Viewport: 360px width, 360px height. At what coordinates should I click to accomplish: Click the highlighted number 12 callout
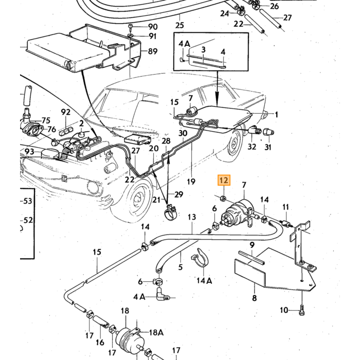[224, 181]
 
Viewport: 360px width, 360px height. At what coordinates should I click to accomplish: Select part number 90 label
[153, 27]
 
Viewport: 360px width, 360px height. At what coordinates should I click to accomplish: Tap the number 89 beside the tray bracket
[153, 51]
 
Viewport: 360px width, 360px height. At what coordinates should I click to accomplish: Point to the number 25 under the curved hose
[179, 25]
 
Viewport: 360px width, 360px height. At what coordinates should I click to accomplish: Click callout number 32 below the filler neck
[251, 147]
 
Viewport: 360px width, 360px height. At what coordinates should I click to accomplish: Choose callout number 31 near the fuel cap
[268, 147]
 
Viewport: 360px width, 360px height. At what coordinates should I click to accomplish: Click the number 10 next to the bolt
[284, 310]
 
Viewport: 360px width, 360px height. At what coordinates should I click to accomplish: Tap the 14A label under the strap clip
[204, 280]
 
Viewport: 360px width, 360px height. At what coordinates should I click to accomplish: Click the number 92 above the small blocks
[66, 112]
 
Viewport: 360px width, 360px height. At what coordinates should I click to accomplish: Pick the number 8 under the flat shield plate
[255, 298]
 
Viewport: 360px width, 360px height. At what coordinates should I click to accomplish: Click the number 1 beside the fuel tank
[277, 114]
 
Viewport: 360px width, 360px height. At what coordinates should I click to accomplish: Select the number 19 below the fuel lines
[191, 182]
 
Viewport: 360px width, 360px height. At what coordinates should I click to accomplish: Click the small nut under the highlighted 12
[223, 197]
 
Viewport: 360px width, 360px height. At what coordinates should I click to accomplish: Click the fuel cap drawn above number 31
[268, 132]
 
